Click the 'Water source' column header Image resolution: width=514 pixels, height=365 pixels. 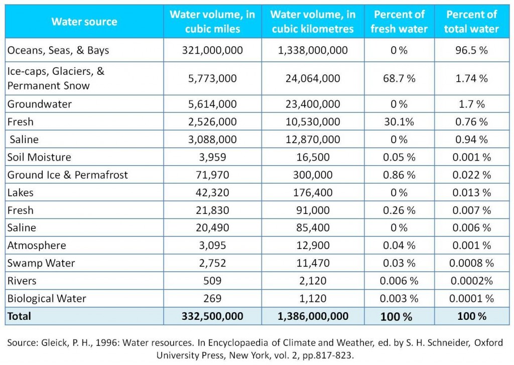click(84, 22)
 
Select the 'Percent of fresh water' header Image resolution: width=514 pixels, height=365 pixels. click(399, 22)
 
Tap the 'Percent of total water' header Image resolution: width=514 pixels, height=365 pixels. click(471, 22)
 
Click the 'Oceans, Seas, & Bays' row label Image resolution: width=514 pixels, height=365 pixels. click(58, 50)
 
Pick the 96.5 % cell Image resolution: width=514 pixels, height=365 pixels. click(471, 50)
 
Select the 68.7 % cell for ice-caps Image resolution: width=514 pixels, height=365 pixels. click(399, 78)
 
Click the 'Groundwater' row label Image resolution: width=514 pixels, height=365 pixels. click(40, 104)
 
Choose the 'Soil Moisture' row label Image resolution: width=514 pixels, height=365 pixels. click(39, 157)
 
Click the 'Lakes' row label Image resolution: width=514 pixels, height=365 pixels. click(21, 192)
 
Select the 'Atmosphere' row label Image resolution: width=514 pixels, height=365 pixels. click(37, 246)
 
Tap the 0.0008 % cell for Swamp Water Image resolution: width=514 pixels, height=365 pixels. click(471, 263)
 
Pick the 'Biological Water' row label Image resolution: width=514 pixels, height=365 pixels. click(47, 298)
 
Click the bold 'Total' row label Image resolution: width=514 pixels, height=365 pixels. click(19, 316)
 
